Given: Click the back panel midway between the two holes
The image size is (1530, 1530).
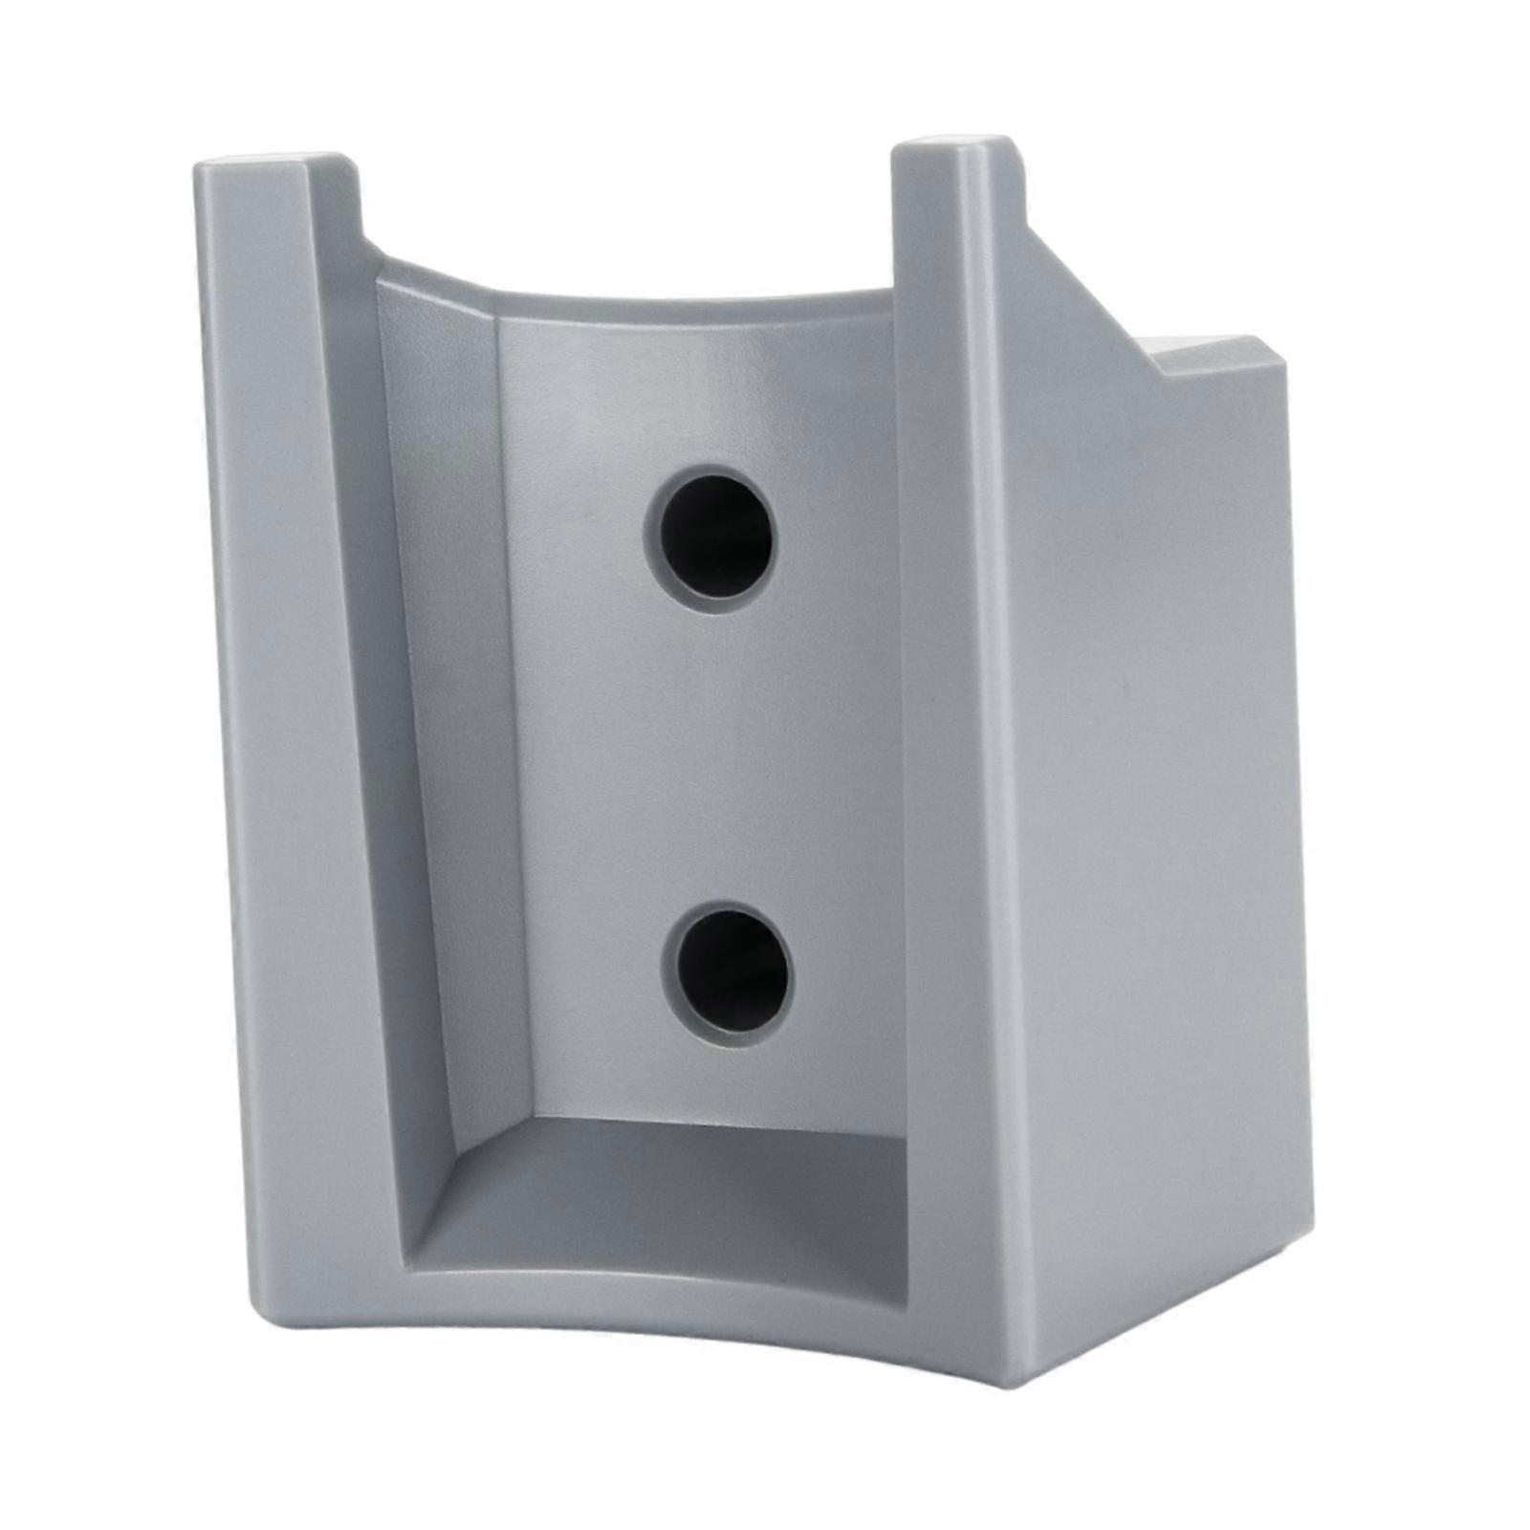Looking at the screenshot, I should coord(717,755).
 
